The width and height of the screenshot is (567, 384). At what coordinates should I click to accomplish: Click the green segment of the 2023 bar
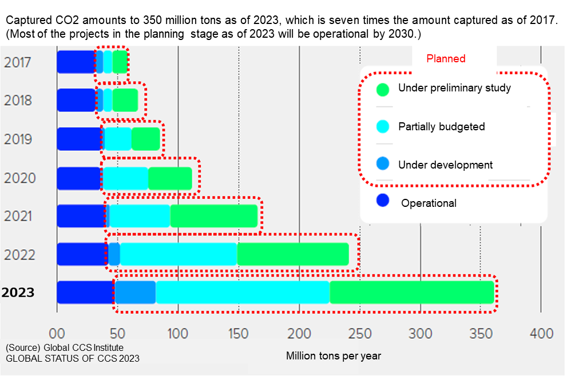click(411, 292)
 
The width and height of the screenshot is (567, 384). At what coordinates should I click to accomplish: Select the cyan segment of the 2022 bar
click(179, 254)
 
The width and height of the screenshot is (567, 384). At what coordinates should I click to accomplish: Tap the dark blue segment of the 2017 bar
click(76, 62)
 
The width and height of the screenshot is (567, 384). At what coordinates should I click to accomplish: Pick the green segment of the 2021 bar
click(214, 216)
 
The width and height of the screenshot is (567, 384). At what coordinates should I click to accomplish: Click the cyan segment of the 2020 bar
click(125, 178)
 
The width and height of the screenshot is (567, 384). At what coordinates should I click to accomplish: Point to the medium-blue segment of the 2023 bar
click(136, 292)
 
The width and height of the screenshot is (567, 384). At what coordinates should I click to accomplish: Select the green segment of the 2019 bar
click(146, 139)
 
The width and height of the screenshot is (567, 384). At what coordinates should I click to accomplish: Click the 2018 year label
click(18, 101)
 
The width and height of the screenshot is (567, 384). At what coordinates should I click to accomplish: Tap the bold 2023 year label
click(18, 293)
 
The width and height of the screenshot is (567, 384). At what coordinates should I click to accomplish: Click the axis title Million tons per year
click(333, 356)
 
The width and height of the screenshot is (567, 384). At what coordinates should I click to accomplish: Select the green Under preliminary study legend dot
click(383, 89)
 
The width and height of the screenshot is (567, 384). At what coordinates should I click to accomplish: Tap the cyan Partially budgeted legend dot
click(383, 127)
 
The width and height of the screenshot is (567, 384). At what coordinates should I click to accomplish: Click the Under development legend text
click(445, 165)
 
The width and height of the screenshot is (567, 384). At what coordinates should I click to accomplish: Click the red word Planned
click(446, 59)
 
